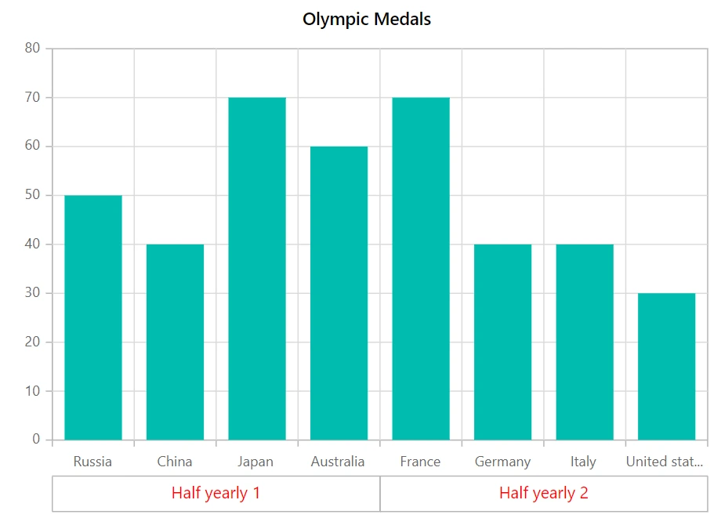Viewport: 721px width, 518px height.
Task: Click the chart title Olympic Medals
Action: tap(367, 20)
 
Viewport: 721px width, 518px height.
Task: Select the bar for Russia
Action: tap(93, 317)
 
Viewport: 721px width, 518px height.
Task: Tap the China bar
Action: tap(176, 342)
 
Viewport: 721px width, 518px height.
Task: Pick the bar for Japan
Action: tap(257, 269)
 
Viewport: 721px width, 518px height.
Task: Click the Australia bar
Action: tap(339, 293)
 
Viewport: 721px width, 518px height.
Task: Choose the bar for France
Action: tap(421, 269)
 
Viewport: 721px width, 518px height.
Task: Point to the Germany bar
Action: tap(502, 342)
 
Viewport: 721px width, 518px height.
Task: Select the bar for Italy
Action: tap(585, 342)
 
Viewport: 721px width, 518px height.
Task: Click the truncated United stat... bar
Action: tap(666, 366)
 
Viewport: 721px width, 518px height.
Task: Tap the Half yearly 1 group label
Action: tap(216, 493)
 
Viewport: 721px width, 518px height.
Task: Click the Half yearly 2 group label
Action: tap(544, 493)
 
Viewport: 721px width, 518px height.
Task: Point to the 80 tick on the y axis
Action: tap(32, 48)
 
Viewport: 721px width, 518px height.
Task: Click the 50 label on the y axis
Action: tap(32, 195)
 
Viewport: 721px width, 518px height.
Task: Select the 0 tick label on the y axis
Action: tap(36, 439)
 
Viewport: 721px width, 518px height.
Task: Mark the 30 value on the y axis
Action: tap(32, 292)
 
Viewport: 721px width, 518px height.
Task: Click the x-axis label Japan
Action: tap(255, 462)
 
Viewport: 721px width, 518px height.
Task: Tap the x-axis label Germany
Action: tap(502, 462)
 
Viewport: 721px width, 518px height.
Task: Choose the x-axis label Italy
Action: tap(583, 462)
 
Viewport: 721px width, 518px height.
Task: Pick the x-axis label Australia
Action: tap(338, 461)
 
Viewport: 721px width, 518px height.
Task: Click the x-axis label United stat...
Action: tap(665, 461)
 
